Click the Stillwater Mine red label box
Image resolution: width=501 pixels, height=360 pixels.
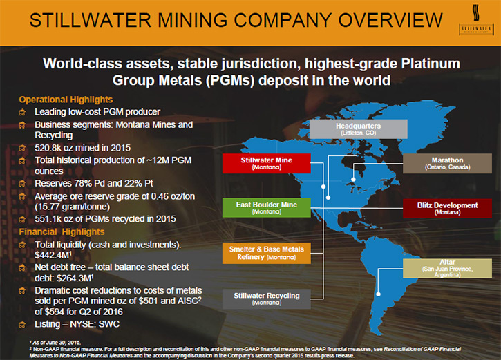coord(267,163)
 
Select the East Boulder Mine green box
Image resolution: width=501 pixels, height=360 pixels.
coord(267,207)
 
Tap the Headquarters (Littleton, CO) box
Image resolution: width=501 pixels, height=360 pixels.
coord(358,129)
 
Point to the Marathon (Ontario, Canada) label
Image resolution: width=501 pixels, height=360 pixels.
coord(447,163)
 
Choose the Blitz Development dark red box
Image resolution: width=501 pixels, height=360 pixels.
coord(447,208)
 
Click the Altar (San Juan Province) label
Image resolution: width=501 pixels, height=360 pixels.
coord(447,268)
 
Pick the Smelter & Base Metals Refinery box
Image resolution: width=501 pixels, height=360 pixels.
coord(267,253)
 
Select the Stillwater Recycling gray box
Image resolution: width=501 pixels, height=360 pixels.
coord(267,299)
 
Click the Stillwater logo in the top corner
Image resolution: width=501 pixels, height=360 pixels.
coord(475,19)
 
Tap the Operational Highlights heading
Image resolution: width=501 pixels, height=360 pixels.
coord(66,100)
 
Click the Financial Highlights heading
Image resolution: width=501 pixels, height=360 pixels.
coord(62,232)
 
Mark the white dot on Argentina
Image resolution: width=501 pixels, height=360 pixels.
coord(378,294)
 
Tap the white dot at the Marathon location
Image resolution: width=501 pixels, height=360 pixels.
coord(353,180)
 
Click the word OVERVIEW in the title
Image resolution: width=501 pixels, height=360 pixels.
coord(390,20)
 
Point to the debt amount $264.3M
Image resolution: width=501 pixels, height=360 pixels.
coord(75,278)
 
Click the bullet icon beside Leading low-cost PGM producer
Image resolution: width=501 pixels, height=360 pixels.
coord(22,112)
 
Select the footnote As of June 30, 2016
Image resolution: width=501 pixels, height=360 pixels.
coord(55,343)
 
